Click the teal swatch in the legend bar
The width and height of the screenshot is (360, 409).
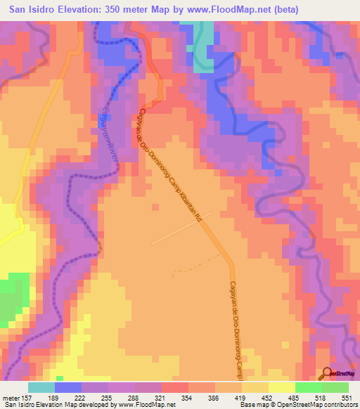coord(41,387)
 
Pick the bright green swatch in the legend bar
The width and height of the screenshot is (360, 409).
coord(309,387)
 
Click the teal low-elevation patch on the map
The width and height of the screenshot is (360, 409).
coord(203,45)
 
